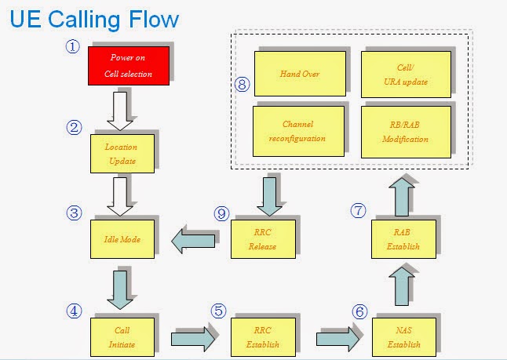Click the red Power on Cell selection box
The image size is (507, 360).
[x=128, y=67]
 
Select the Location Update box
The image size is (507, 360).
[x=122, y=155]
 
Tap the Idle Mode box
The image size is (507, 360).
[x=122, y=239]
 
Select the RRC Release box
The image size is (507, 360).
[x=263, y=239]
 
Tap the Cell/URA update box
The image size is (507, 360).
[x=406, y=74]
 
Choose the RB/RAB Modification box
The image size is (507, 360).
[x=406, y=130]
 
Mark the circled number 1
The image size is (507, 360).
[x=73, y=46]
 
